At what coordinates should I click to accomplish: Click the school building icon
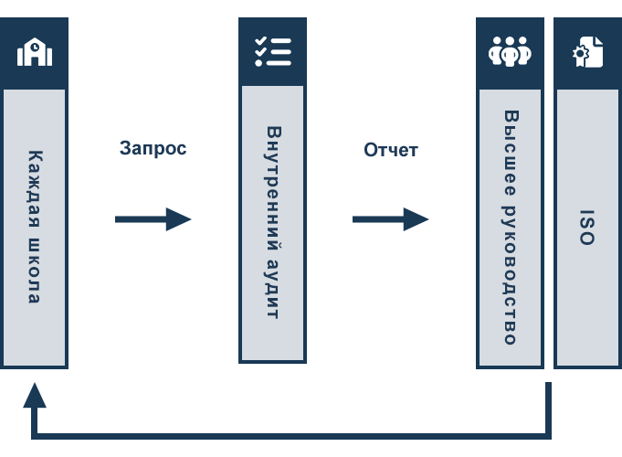(35, 51)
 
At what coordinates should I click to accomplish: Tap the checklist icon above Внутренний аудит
(273, 51)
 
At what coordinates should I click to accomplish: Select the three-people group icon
(510, 51)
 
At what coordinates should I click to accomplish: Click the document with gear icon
(588, 51)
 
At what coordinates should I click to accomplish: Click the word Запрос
(153, 148)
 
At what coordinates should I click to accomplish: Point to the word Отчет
(391, 150)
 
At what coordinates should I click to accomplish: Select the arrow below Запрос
(153, 219)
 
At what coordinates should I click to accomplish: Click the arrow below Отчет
(391, 219)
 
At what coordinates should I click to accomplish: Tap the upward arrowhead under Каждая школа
(35, 395)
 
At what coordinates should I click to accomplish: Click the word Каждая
(35, 189)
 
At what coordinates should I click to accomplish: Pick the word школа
(35, 271)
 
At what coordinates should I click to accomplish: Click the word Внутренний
(274, 188)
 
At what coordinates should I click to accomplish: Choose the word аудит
(273, 289)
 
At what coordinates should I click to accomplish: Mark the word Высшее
(511, 153)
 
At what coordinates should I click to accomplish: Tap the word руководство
(510, 275)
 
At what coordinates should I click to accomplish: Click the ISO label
(587, 227)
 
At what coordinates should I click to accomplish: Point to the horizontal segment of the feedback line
(291, 436)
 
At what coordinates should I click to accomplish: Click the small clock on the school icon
(35, 47)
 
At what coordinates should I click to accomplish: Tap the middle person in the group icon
(510, 51)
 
